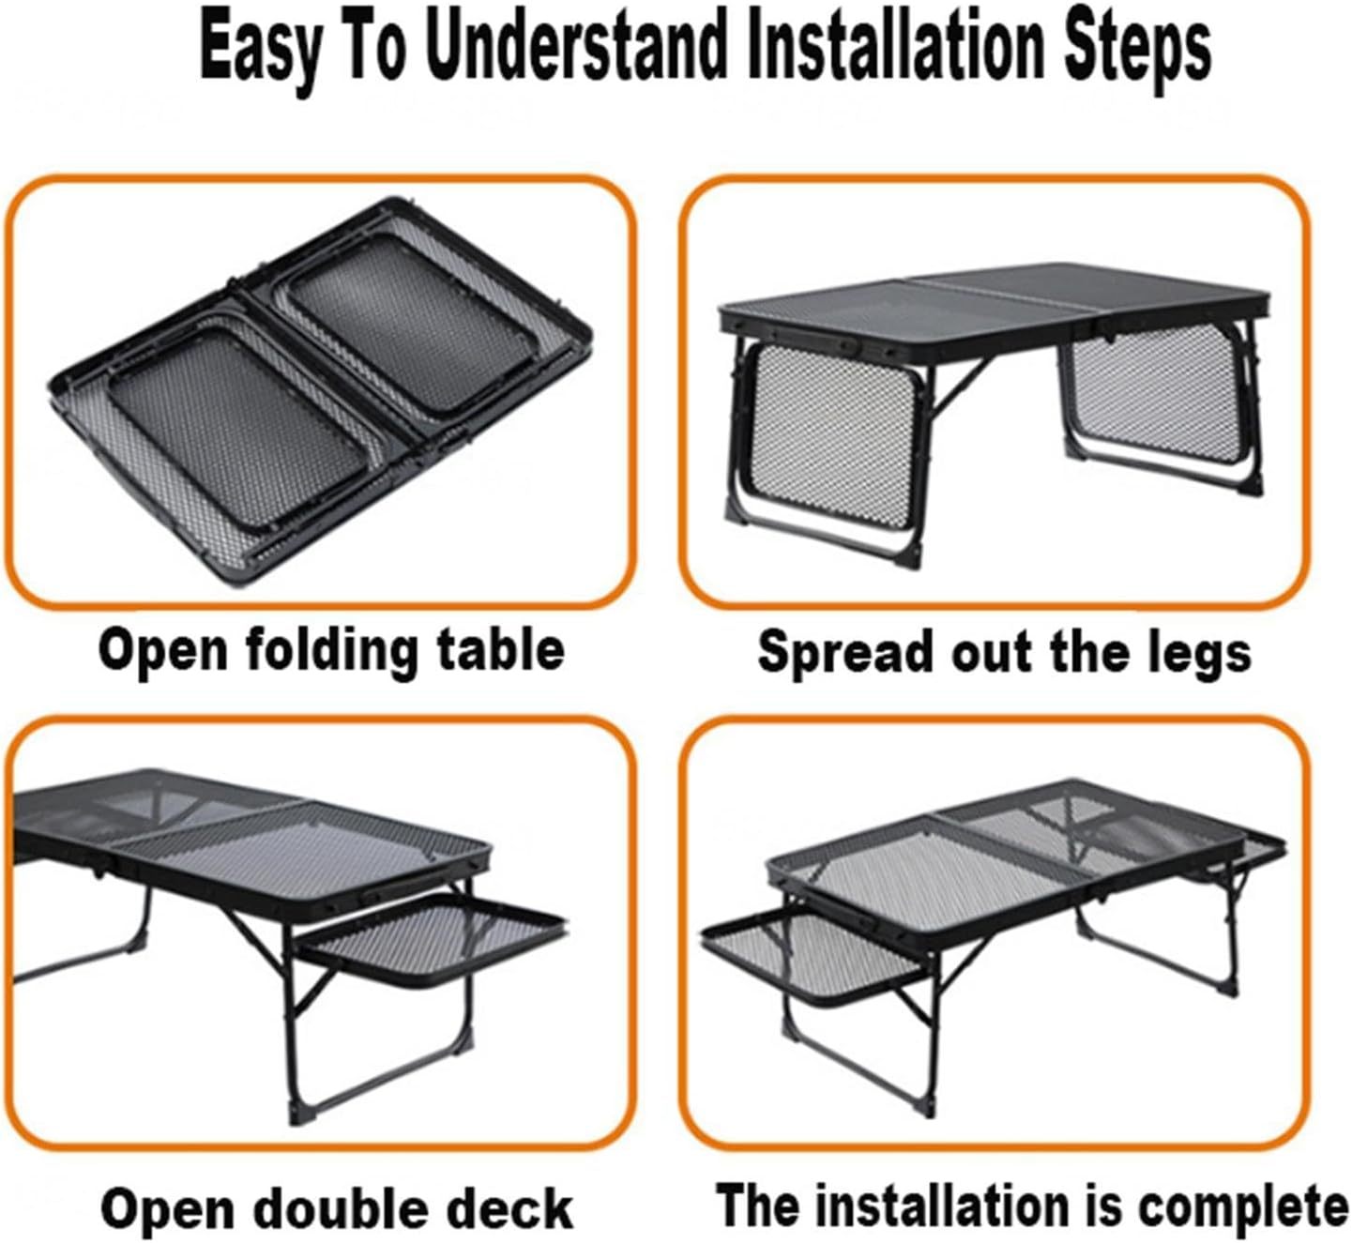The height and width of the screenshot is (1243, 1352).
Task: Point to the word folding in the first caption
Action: click(331, 650)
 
